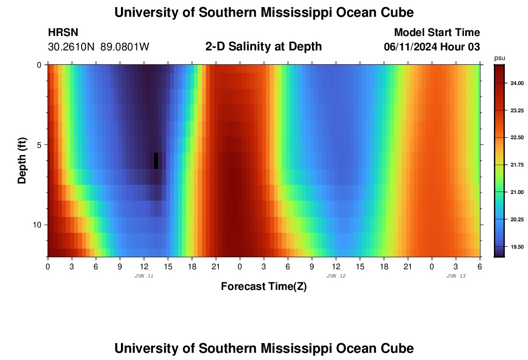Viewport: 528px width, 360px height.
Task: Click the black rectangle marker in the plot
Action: tap(156, 161)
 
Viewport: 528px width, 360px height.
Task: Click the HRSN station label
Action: tap(63, 33)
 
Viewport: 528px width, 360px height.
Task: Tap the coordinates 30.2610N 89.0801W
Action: tap(98, 47)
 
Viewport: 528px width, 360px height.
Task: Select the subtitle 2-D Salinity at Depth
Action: tap(264, 47)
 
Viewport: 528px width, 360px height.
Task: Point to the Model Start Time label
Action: tap(437, 33)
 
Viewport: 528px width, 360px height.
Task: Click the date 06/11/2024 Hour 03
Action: tap(432, 47)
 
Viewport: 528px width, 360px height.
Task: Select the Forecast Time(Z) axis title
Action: tap(264, 287)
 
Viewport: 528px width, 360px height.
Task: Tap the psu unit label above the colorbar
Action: tap(500, 58)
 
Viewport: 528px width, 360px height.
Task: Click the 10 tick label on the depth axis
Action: tap(38, 225)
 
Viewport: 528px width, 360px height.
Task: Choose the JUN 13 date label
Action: tap(456, 276)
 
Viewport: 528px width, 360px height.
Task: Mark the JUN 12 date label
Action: tap(336, 276)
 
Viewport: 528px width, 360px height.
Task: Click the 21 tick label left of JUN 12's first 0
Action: tap(216, 266)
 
